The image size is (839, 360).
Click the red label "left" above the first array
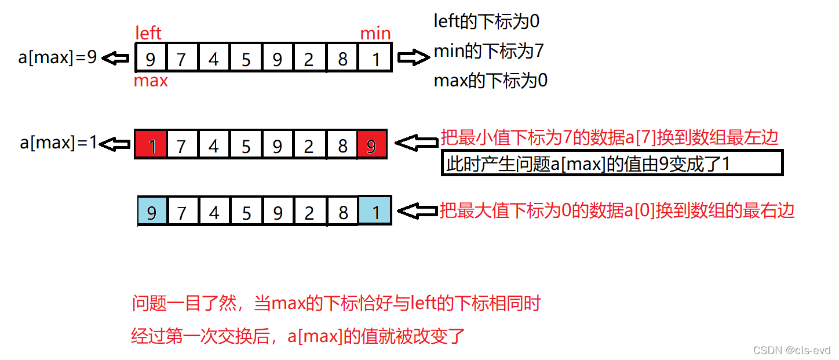148,32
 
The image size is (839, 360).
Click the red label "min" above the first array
375,34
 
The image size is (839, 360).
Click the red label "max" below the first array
151,81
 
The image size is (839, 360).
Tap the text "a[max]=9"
57,57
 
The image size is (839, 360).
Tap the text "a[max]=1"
59,143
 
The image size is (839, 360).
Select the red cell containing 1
151,144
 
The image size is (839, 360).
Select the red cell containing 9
371,144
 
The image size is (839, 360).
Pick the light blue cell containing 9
152,210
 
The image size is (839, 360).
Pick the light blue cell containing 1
375,210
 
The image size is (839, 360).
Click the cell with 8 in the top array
343,58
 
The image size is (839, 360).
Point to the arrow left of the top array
115,58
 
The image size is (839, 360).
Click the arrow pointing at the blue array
418,210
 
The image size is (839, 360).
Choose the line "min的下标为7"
489,52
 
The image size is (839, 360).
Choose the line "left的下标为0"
487,21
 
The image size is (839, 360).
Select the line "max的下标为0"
491,81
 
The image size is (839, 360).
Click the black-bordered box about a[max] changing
612,163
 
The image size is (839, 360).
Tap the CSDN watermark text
791,350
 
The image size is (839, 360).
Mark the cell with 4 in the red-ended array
214,144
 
